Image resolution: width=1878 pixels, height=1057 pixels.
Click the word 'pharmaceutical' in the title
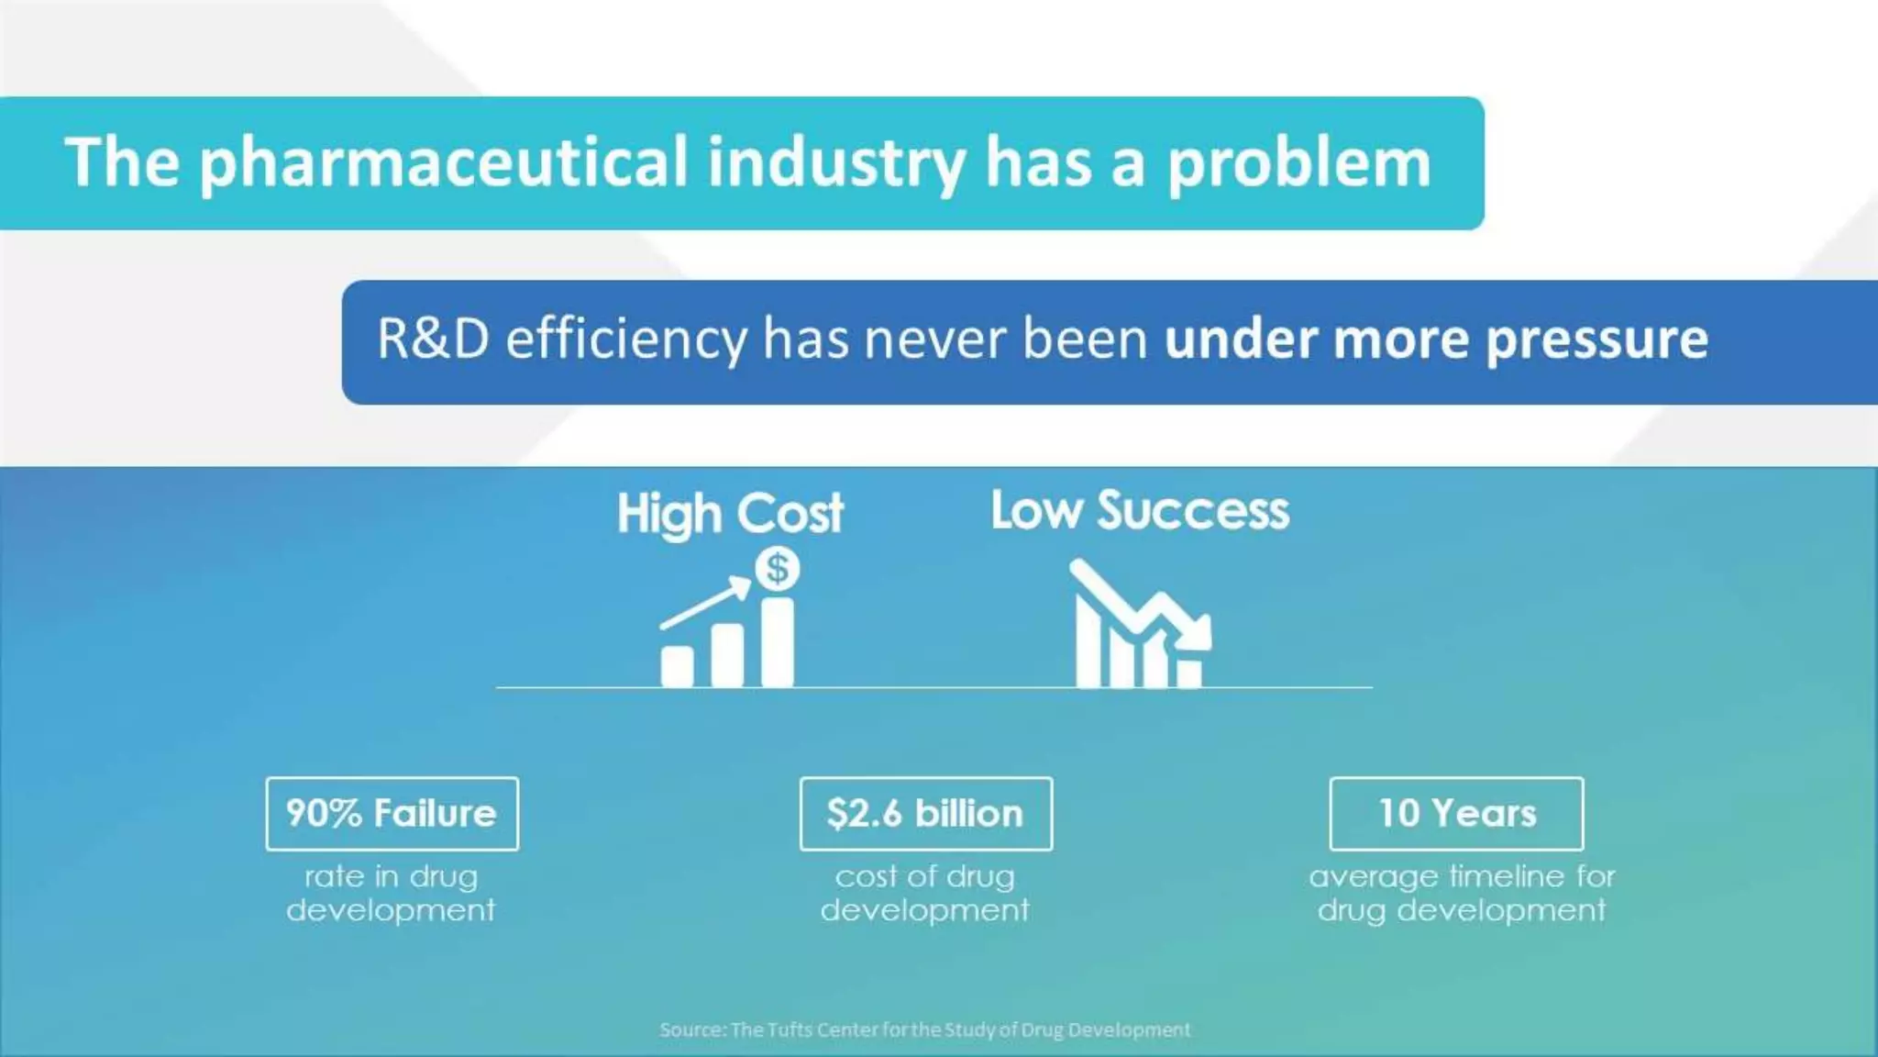click(x=443, y=163)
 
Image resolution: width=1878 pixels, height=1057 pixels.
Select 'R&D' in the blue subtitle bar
click(x=433, y=339)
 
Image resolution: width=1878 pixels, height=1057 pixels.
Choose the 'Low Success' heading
click(x=1140, y=510)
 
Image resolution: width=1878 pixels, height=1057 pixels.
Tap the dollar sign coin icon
click(x=778, y=569)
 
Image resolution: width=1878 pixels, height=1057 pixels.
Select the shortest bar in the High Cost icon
click(x=678, y=666)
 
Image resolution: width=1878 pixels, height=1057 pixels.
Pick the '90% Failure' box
click(x=392, y=814)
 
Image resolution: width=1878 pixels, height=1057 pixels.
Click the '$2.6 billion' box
click(x=925, y=814)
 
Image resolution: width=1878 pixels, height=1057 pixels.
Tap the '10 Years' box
click(x=1456, y=814)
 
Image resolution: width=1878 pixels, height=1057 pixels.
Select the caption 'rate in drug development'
click(x=391, y=893)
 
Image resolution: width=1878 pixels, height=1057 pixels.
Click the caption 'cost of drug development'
click(x=924, y=893)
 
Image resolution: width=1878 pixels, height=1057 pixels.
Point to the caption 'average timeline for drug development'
click(x=1462, y=893)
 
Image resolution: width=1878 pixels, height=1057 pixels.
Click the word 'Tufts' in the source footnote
click(x=790, y=1030)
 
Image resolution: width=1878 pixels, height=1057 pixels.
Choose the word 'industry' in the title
click(x=835, y=163)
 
